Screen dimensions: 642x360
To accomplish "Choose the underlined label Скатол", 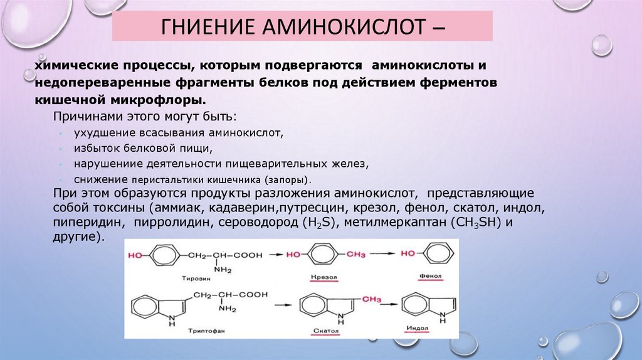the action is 325,330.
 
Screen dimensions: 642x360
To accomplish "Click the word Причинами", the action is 82,117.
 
